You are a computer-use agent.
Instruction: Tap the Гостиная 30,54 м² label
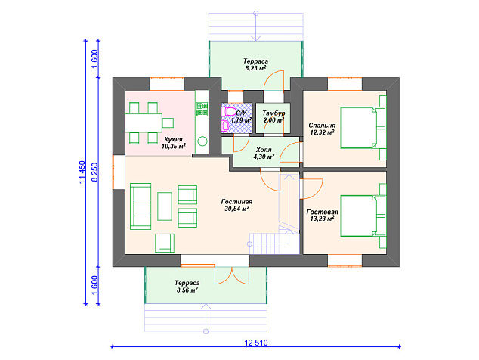tap(236, 205)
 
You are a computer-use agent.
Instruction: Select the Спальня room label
tap(322, 129)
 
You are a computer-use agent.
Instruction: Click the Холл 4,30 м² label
tap(264, 154)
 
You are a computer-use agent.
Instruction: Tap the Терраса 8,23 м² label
tap(255, 64)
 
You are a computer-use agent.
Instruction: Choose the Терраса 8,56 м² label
tap(187, 287)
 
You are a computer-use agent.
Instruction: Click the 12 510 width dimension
tap(256, 343)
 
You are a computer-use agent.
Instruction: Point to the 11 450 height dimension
tap(82, 172)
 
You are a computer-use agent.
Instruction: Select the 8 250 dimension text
tap(94, 172)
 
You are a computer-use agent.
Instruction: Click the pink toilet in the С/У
tap(229, 111)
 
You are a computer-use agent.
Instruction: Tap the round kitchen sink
tap(202, 141)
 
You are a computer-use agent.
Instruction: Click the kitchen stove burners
tap(202, 109)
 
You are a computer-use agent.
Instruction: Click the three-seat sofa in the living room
tap(141, 206)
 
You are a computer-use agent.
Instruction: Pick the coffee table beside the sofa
tap(165, 206)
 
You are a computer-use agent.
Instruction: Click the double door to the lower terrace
tap(232, 275)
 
